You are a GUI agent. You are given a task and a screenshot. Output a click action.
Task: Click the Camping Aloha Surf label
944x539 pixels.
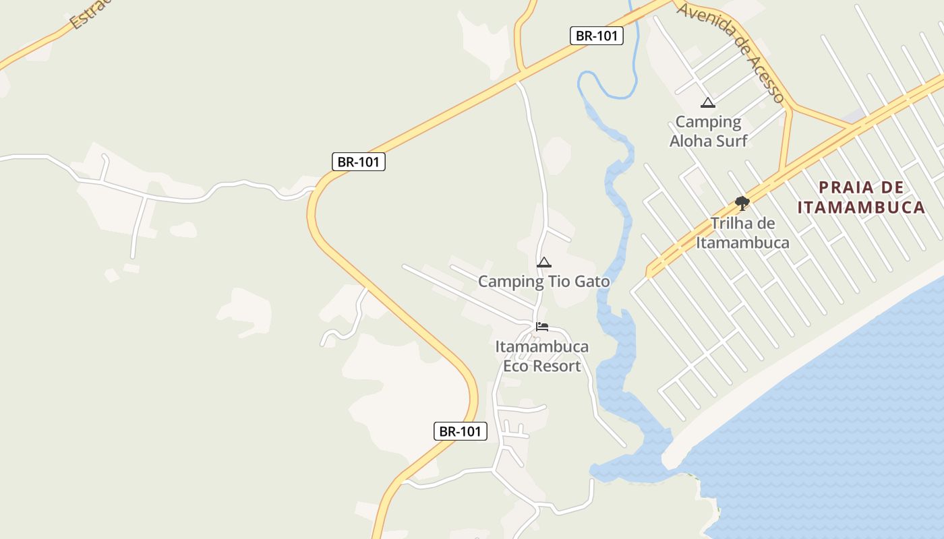coord(708,131)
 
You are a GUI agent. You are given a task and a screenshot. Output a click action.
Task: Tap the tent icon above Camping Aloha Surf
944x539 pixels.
coord(707,103)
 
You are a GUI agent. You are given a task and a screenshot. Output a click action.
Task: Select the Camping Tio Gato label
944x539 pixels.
coord(543,282)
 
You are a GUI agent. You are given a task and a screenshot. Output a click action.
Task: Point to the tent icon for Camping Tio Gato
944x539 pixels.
coord(544,262)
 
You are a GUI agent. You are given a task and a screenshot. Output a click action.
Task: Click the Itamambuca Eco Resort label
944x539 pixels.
coord(542,356)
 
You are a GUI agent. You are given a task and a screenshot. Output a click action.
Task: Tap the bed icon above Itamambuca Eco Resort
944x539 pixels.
coord(542,327)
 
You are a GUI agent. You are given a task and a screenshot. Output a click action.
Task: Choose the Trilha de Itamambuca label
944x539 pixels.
coord(742,233)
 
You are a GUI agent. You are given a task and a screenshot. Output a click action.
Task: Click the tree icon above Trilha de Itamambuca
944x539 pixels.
coord(742,203)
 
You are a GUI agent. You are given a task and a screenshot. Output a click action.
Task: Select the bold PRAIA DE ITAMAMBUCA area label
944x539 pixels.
coord(861,197)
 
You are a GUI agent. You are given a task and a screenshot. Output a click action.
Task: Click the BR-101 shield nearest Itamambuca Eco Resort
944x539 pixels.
coord(460,431)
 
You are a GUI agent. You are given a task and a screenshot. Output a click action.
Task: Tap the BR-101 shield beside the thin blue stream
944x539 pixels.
coord(596,36)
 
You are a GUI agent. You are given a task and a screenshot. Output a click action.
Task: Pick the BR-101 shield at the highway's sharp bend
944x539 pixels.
coord(359,162)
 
